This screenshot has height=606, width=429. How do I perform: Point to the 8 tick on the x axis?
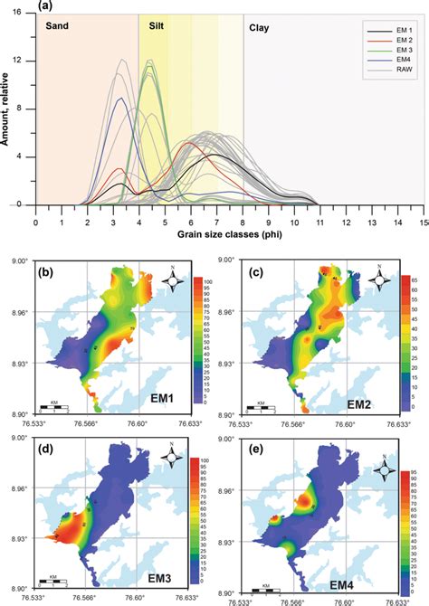pyautogui.click(x=243, y=221)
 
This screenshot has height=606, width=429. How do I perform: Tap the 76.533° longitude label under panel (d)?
pyautogui.click(x=38, y=598)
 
